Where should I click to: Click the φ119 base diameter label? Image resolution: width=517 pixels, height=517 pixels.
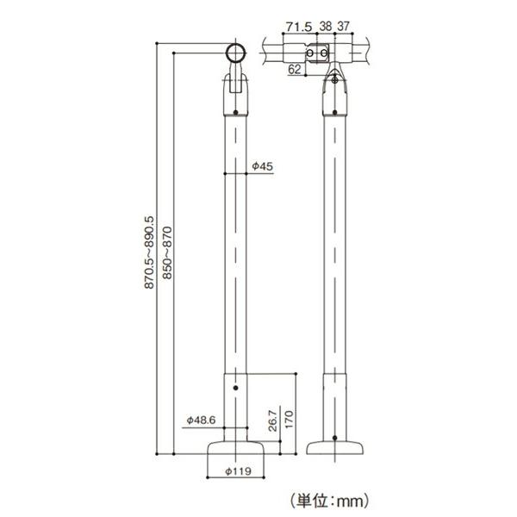pyautogui.click(x=236, y=471)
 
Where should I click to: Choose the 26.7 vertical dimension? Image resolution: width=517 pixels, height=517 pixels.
pyautogui.click(x=273, y=421)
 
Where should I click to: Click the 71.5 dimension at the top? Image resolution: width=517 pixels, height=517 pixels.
pyautogui.click(x=299, y=28)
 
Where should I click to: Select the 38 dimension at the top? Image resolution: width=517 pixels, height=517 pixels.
pyautogui.click(x=326, y=28)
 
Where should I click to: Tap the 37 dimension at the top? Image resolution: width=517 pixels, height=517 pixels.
pyautogui.click(x=343, y=28)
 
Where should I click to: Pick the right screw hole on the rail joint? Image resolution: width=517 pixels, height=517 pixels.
pyautogui.click(x=326, y=53)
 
